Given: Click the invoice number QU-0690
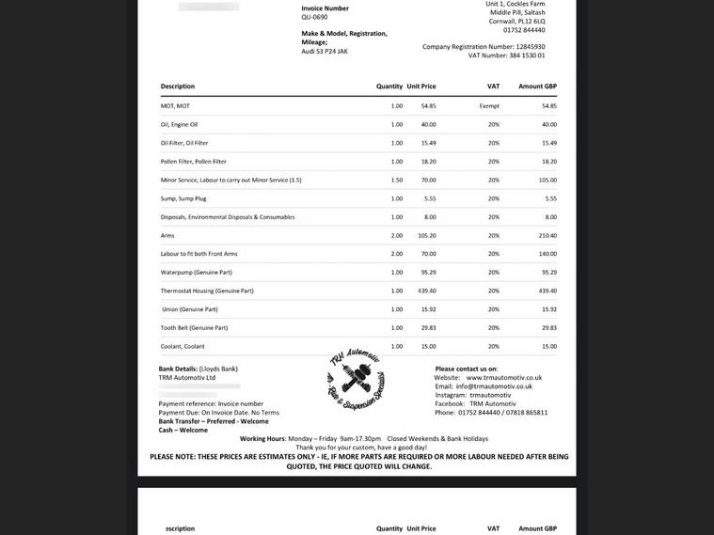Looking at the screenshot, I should click(314, 17).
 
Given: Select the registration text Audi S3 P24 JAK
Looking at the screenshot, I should click(325, 51).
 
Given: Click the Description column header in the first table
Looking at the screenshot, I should click(178, 87).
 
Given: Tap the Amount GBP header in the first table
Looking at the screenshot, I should click(537, 87).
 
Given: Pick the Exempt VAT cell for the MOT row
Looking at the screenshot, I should click(489, 106).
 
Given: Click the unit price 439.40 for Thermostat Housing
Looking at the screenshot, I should click(427, 291).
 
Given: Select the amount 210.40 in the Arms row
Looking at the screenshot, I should click(547, 235).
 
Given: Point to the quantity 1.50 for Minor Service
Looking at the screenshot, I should click(396, 180).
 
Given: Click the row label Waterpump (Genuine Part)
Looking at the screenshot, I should click(196, 272).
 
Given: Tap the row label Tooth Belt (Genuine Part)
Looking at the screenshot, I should click(194, 327).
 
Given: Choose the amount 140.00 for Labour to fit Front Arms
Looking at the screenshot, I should click(547, 254).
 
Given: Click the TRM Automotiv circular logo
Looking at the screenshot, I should click(355, 381).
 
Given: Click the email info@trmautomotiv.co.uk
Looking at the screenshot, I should click(494, 386).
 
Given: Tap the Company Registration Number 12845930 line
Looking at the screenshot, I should click(484, 46).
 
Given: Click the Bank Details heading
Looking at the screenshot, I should click(178, 369).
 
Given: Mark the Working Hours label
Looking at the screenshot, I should click(262, 438).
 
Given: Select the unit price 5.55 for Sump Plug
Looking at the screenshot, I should click(430, 198).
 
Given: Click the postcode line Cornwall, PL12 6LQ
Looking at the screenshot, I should click(516, 21).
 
